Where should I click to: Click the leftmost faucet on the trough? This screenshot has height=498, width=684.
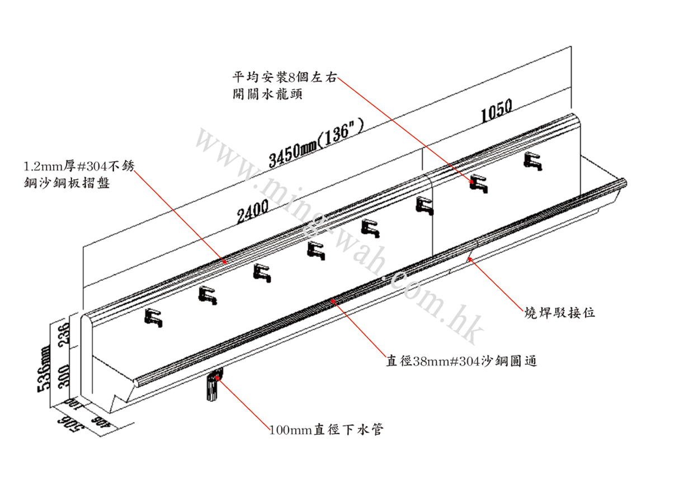[154, 318]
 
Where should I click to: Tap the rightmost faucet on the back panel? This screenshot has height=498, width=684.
[533, 162]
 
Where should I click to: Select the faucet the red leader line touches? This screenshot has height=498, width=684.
[478, 183]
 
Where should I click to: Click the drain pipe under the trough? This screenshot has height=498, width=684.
[213, 386]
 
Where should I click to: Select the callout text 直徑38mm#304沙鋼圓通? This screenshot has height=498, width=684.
[461, 361]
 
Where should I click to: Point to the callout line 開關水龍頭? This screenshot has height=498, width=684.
[268, 94]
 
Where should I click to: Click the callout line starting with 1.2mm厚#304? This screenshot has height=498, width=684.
[78, 166]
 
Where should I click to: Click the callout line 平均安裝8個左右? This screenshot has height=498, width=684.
[284, 78]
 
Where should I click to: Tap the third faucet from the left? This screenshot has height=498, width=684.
[261, 273]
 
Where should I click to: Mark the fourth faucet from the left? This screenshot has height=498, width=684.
[317, 250]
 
